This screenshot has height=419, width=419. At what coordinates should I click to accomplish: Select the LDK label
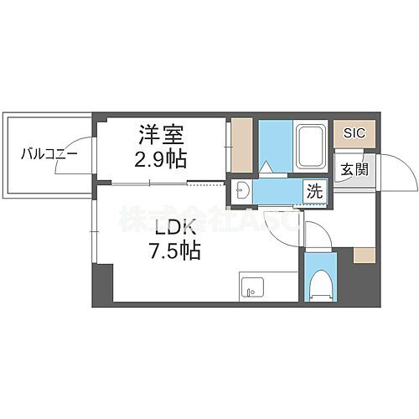[175, 227]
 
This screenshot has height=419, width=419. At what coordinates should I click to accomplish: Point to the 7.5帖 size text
[175, 250]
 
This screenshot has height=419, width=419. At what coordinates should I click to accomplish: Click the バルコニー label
[39, 154]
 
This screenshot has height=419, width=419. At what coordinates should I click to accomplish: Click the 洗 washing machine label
[313, 191]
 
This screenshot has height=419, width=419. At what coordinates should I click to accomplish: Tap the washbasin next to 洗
[242, 190]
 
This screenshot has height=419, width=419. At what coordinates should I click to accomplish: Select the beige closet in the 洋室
[241, 147]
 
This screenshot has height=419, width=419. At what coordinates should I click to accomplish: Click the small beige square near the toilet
[364, 255]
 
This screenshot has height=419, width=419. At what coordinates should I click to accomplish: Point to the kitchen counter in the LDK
[268, 286]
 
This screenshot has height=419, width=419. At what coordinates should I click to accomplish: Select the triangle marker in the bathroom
[267, 168]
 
